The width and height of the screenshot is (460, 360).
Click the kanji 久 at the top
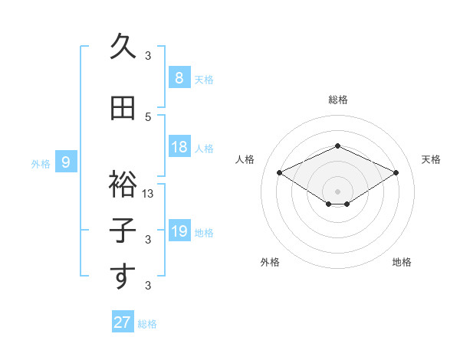[123, 47]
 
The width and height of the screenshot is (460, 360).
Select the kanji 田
[123, 108]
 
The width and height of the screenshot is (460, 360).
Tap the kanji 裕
[123, 185]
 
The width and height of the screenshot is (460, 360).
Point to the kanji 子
[123, 231]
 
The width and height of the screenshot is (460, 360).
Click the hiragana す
[123, 277]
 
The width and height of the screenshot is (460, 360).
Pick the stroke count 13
[148, 194]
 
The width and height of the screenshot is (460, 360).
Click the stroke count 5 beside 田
[148, 116]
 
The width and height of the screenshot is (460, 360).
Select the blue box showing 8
[179, 77]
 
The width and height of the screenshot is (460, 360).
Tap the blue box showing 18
[179, 147]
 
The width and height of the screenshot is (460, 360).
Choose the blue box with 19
[179, 231]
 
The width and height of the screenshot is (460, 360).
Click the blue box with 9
[67, 162]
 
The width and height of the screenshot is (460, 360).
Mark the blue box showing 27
[122, 322]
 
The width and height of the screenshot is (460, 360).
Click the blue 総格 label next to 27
[147, 324]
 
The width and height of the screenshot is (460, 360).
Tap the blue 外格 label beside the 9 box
[41, 163]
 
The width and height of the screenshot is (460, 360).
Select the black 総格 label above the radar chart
[337, 100]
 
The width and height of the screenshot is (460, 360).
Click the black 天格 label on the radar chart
[431, 159]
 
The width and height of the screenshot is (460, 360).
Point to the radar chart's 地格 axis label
[402, 262]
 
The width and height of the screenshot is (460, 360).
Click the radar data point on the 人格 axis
[279, 173]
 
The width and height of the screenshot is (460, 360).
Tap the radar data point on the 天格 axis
[396, 173]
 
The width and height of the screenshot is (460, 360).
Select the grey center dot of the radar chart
[337, 190]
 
